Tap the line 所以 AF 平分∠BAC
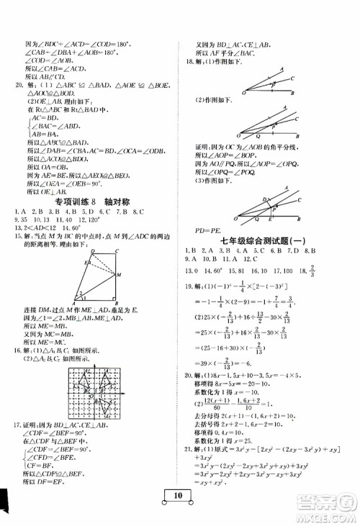tap(230, 53)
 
